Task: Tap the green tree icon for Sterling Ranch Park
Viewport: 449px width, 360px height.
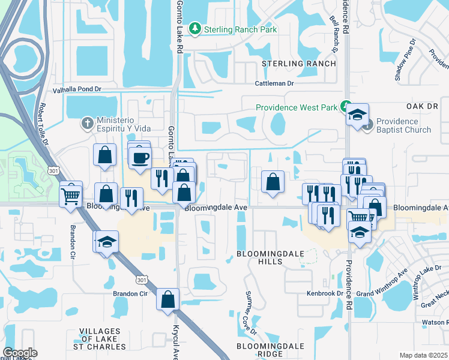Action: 194,28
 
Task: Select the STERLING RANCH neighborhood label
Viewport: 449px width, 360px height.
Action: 298,63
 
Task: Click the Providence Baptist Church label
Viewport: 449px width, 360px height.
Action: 404,125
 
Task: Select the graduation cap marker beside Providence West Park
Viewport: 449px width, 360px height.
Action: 357,114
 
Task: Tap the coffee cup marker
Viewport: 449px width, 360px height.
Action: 140,158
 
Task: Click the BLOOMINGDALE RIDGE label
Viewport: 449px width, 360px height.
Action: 268,350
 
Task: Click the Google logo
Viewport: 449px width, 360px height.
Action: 20,352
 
